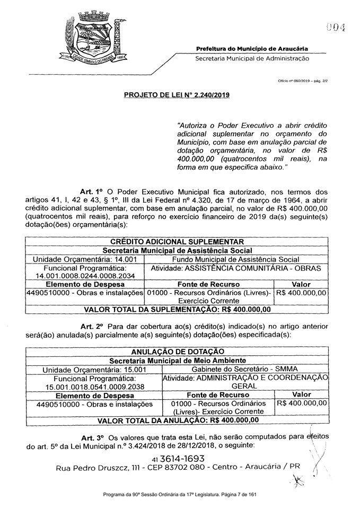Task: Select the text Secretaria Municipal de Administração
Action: pos(252,58)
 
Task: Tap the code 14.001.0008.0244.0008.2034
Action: pos(85,276)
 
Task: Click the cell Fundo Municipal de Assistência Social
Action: pos(235,259)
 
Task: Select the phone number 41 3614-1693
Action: pos(178,458)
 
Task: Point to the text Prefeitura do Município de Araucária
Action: pos(252,49)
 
